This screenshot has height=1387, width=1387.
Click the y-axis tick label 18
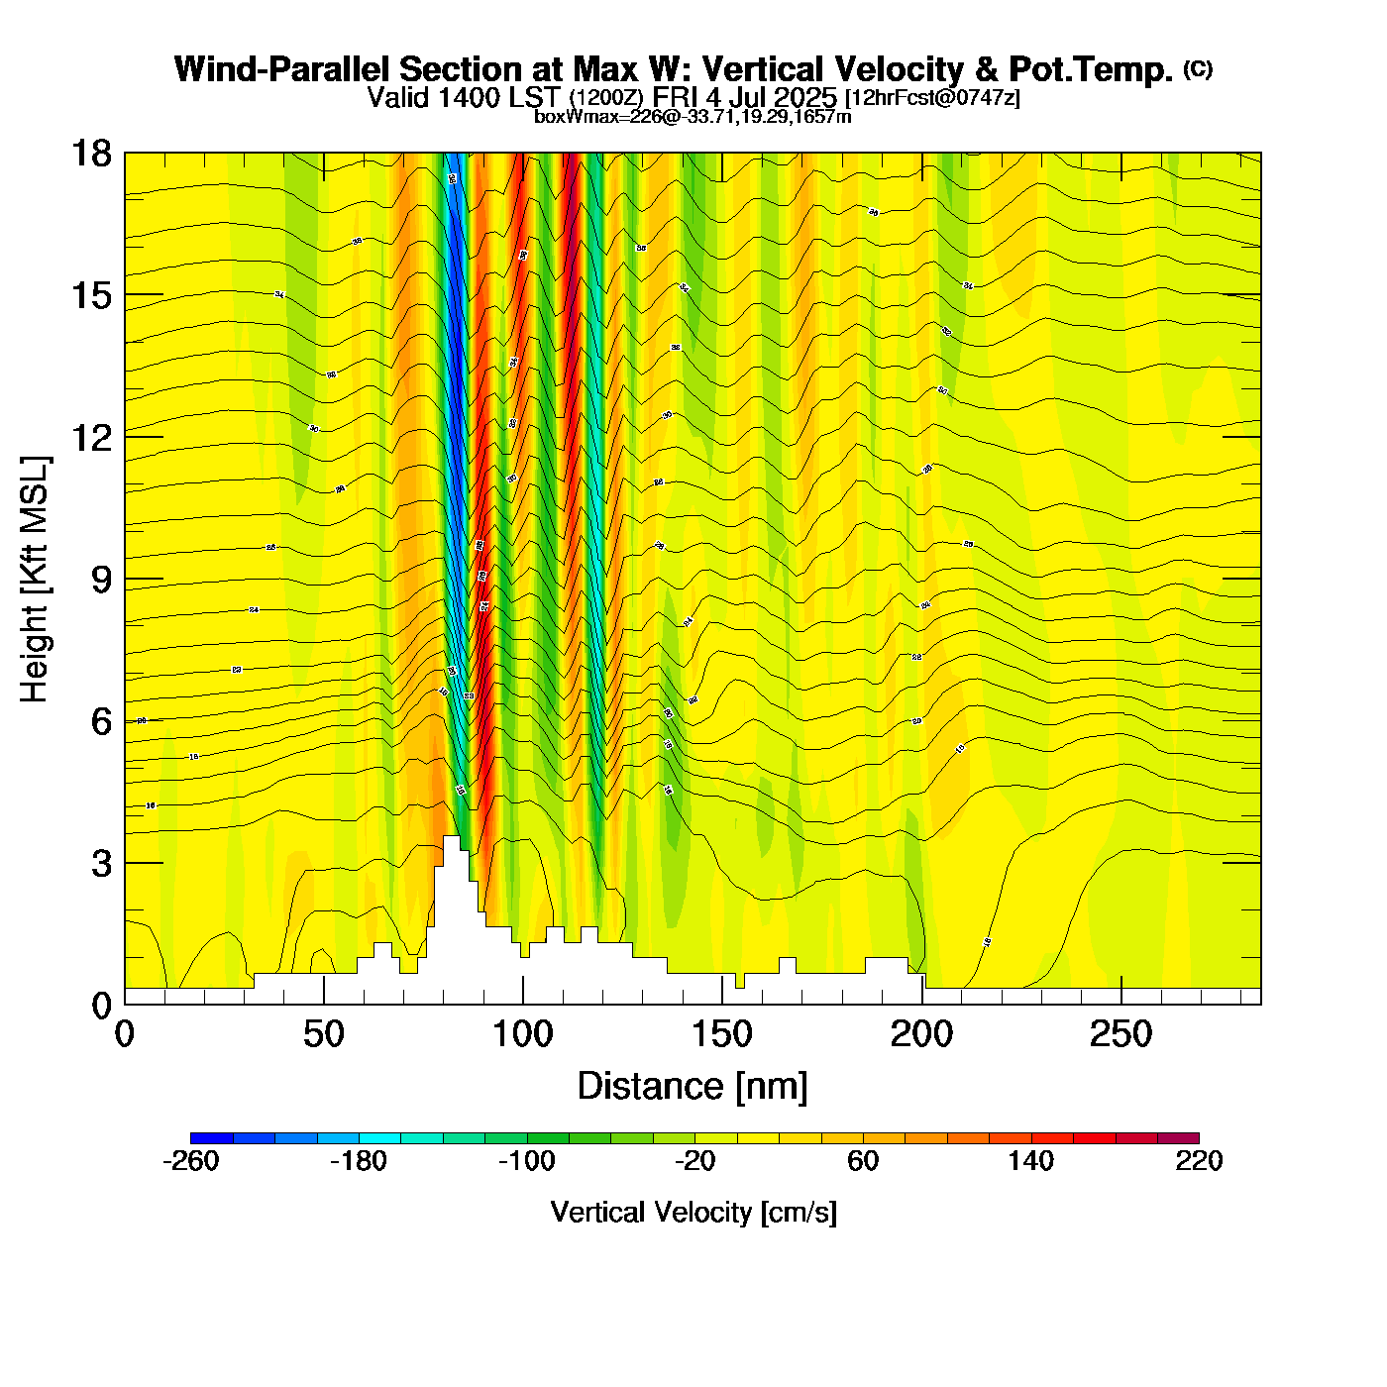90,154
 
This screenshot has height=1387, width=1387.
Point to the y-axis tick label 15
90,295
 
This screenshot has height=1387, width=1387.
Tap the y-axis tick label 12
90,437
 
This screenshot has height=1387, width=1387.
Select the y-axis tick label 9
102,580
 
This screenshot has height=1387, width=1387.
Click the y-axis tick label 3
102,864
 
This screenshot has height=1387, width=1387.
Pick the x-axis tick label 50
323,1035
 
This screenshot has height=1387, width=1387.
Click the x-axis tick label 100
522,1035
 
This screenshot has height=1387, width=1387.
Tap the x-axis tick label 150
722,1035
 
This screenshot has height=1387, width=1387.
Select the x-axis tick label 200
921,1035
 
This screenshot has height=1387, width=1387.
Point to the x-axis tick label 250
1120,1035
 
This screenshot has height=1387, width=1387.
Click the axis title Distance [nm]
693,1087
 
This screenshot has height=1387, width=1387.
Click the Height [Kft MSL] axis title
35,580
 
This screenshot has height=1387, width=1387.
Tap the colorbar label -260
190,1161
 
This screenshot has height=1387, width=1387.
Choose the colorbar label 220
1199,1161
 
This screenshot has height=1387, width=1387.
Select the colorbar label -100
526,1161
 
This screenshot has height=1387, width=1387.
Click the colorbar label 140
1030,1161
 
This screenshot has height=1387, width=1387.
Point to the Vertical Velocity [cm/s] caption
693,1212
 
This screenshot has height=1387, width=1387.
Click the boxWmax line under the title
693,117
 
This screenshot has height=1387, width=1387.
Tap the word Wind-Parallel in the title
282,69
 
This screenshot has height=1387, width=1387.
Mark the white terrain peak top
451,839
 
